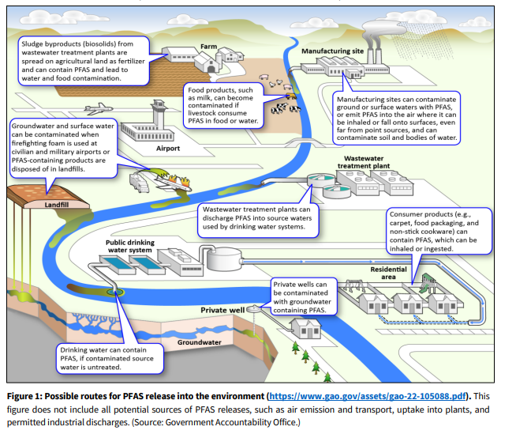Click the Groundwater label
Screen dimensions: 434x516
[198, 343]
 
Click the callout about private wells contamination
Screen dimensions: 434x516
[304, 296]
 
